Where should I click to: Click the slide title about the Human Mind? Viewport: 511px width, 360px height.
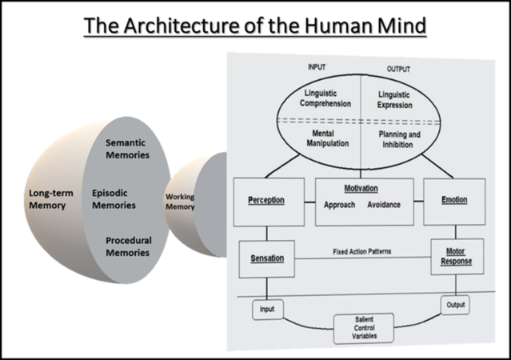[x=255, y=25]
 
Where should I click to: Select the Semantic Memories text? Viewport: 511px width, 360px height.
[x=127, y=149]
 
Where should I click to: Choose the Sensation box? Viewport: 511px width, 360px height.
[x=267, y=259]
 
